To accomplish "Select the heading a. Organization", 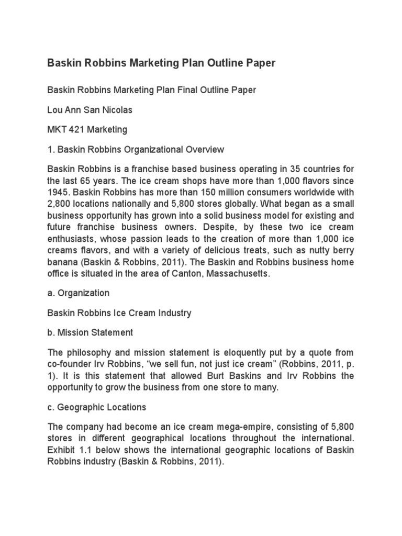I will pyautogui.click(x=79, y=294).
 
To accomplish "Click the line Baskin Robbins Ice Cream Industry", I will pyautogui.click(x=119, y=313).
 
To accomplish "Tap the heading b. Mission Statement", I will pyautogui.click(x=90, y=332).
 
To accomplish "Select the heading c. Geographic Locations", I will pyautogui.click(x=97, y=407).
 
